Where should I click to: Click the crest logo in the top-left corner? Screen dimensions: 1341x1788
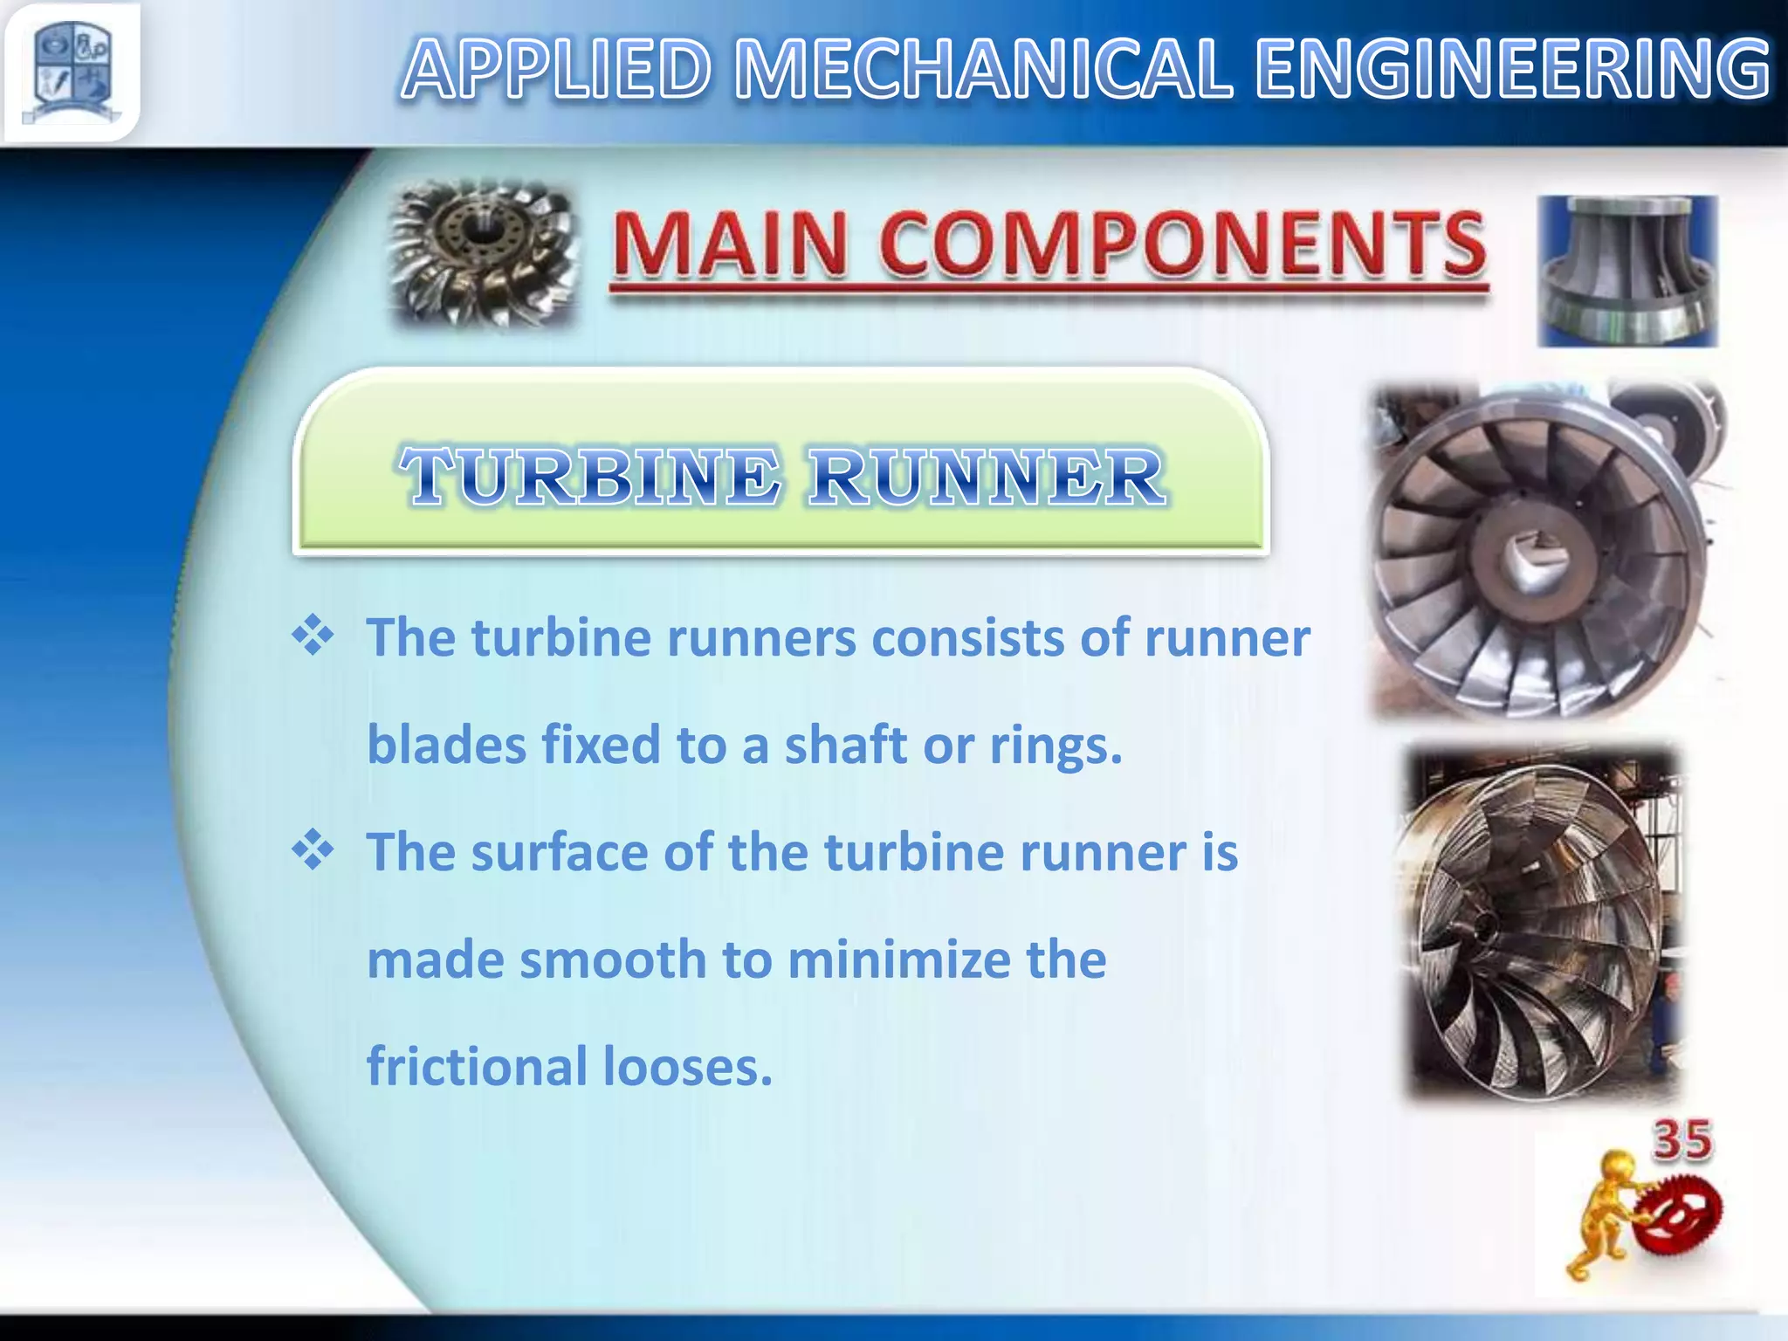[x=72, y=72]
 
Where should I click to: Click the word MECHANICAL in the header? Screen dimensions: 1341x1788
[x=983, y=70]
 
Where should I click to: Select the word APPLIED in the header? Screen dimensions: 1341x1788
[x=557, y=70]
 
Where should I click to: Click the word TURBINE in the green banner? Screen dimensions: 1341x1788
[x=590, y=477]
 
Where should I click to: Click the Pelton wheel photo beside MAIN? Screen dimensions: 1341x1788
[x=483, y=253]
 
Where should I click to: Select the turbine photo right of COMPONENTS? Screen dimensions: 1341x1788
[x=1627, y=271]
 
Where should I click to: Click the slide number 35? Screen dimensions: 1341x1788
[x=1682, y=1140]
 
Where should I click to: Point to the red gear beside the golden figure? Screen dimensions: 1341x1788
[x=1677, y=1214]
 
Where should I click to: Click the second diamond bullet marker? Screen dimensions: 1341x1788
[x=313, y=850]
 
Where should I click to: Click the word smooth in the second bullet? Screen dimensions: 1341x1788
[x=613, y=960]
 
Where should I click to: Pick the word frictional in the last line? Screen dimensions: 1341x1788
[x=478, y=1067]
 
